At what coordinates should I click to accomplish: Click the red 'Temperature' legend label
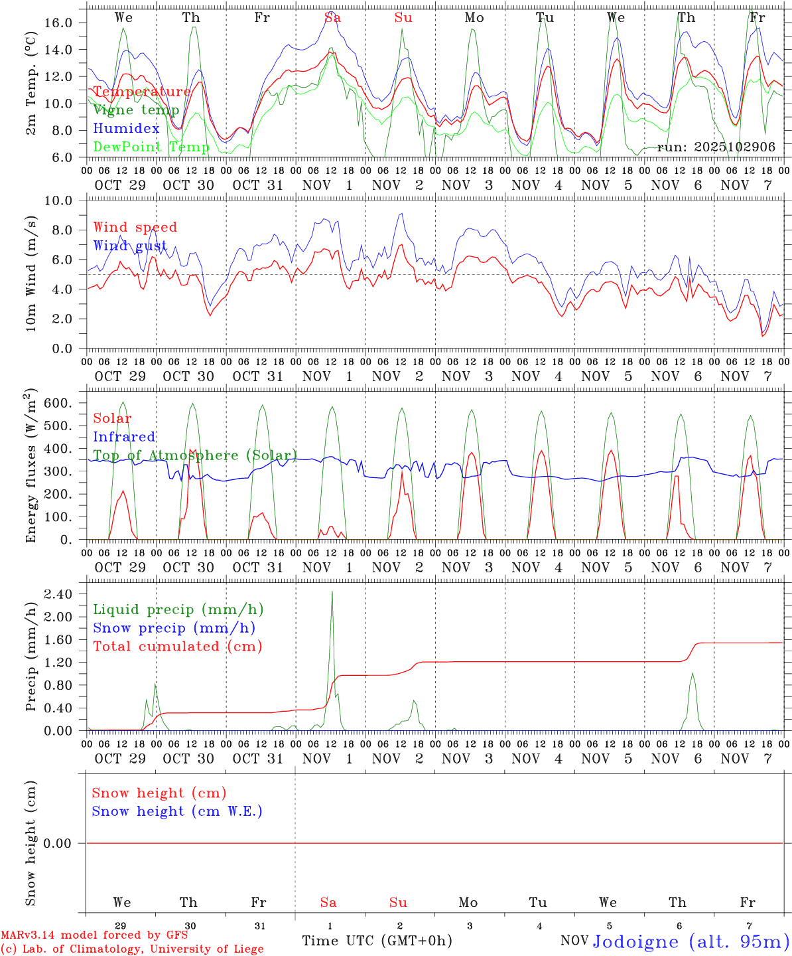pos(141,92)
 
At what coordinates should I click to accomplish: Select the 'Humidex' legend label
pos(126,128)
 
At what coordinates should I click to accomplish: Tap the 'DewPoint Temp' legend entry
pos(151,147)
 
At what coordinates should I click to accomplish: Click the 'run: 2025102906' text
pos(716,147)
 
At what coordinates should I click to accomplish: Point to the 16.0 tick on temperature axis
pos(58,23)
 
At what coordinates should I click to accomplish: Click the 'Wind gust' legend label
pos(130,246)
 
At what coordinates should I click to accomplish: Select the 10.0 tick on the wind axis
pos(58,200)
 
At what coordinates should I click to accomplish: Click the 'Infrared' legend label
pos(124,437)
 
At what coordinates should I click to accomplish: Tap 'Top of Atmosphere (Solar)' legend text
pos(195,455)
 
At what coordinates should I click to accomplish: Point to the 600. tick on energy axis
pos(56,403)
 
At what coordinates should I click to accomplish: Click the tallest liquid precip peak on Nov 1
pos(332,592)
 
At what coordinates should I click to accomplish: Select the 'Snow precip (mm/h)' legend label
pos(174,628)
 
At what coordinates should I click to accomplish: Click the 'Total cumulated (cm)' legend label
pos(178,647)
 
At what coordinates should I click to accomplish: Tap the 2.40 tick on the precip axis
pos(58,594)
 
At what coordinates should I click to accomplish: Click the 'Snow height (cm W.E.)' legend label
pos(177,811)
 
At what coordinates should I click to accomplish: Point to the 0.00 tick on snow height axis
pos(58,843)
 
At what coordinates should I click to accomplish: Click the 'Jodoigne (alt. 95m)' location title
pos(691,941)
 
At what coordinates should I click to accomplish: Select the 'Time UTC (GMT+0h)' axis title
pos(377,941)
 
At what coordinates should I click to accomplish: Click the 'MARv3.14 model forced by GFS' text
pos(94,935)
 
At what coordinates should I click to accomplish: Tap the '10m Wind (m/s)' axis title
pos(31,274)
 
